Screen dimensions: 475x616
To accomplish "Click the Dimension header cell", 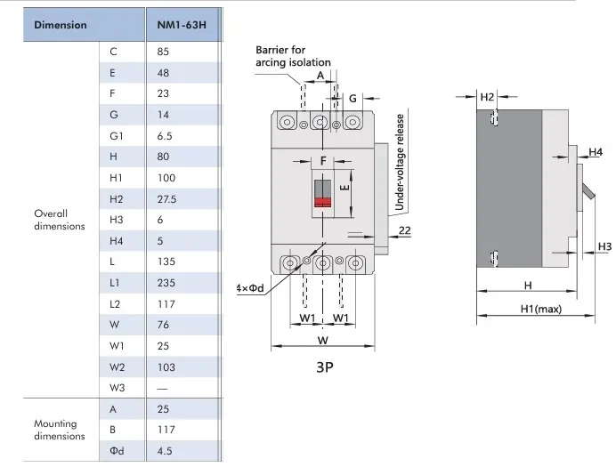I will [61, 24].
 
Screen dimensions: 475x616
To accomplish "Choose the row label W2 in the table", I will [117, 366].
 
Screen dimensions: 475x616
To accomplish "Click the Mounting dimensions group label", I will [60, 430].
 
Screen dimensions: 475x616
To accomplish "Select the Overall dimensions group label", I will [60, 220].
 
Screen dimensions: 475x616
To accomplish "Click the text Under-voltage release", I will [401, 162].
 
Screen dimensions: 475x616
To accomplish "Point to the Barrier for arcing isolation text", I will [293, 56].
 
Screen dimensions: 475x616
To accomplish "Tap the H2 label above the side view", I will [487, 95].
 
